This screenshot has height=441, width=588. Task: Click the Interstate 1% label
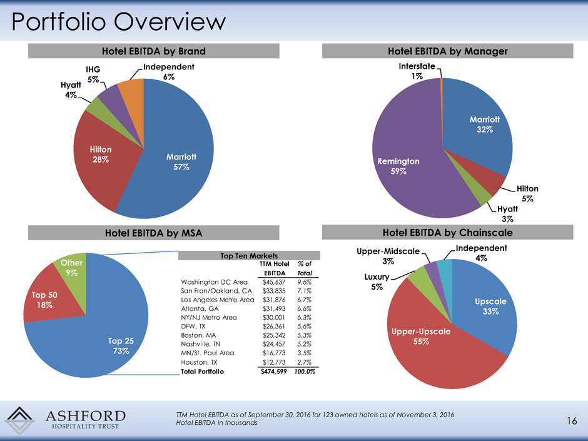(x=417, y=71)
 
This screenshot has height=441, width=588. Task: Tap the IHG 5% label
(x=93, y=74)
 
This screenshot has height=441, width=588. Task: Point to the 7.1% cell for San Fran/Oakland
(x=304, y=293)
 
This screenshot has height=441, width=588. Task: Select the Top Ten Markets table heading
(x=250, y=256)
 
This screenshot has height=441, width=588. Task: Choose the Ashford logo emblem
(x=24, y=420)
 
